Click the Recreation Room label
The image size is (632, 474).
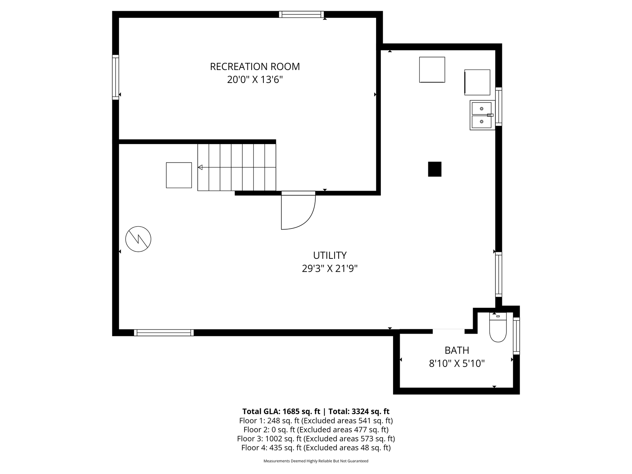[x=255, y=67]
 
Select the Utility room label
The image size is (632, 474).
[x=330, y=256]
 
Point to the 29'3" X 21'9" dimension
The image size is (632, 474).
[x=330, y=268]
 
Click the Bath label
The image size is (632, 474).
[x=457, y=350]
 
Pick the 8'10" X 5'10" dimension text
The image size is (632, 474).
[x=457, y=364]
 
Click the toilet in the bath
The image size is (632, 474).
[x=498, y=327]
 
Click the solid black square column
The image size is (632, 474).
[x=435, y=169]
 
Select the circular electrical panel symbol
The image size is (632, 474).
[x=138, y=239]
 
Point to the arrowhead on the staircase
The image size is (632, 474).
[x=200, y=168]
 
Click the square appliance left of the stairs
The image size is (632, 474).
[x=179, y=175]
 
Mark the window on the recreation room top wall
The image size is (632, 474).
[x=302, y=14]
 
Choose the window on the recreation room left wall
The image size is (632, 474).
[x=116, y=77]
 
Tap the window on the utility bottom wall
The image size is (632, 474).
[x=164, y=333]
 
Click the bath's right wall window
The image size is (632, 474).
[x=516, y=336]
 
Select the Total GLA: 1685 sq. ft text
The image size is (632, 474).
[x=281, y=411]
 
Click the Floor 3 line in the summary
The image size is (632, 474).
[x=316, y=439]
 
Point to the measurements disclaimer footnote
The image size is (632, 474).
[x=316, y=461]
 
